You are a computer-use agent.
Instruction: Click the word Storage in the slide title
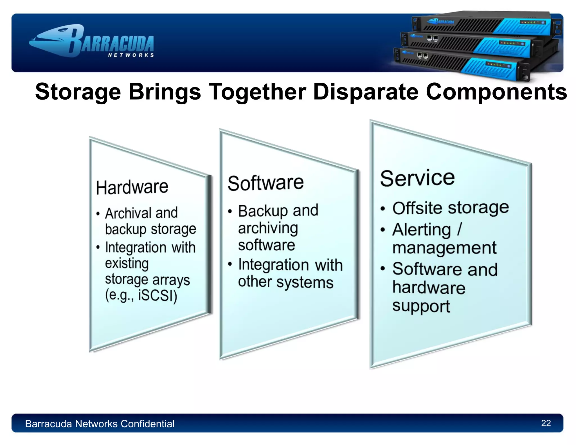point(78,92)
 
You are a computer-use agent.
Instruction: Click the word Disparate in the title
point(366,92)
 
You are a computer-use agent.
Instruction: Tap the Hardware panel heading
point(132,187)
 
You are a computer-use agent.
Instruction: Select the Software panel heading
point(265,183)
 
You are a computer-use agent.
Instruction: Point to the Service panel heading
point(417,178)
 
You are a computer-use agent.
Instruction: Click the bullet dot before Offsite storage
point(382,209)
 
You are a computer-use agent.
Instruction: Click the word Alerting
point(421,230)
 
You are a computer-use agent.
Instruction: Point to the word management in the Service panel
point(444,248)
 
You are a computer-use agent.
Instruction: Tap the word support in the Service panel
point(421,306)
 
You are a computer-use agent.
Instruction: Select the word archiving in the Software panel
point(268,228)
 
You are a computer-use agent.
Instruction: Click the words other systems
point(285,282)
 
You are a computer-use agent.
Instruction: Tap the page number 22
point(546,423)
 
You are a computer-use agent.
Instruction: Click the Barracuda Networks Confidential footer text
point(100,424)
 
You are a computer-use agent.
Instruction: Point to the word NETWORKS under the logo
point(131,55)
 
